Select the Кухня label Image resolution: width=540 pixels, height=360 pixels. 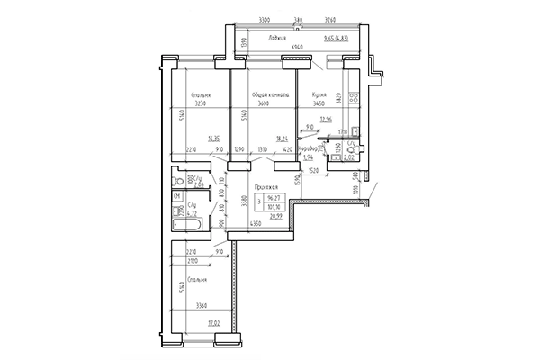tap(318, 94)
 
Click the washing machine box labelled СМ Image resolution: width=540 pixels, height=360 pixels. tap(177, 195)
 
